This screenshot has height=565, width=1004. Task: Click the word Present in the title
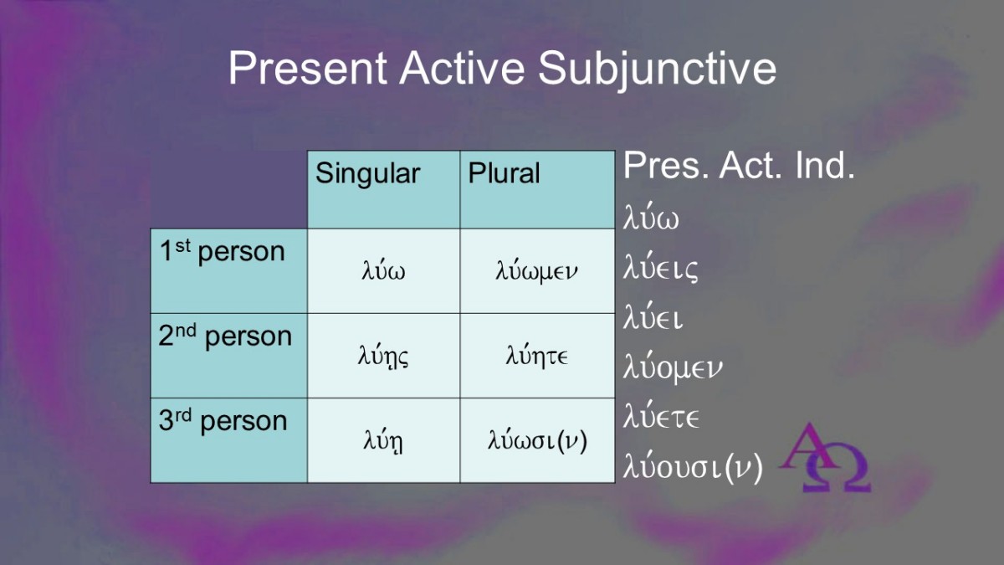(x=308, y=68)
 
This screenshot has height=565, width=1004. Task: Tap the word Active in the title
(x=462, y=67)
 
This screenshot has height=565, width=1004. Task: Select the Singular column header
(x=384, y=189)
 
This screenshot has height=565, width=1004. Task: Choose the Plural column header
(x=537, y=189)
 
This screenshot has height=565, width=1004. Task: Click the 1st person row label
(x=229, y=271)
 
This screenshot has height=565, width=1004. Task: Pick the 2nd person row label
(x=229, y=356)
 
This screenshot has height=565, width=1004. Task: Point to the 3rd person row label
(x=229, y=440)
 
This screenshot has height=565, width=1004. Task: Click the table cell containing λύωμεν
(x=537, y=271)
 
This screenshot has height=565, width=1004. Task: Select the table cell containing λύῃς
(x=384, y=356)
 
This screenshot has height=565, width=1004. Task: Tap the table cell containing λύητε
(x=537, y=356)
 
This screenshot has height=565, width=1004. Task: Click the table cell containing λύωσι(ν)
(x=537, y=440)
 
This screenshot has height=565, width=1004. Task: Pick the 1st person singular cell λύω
(x=384, y=271)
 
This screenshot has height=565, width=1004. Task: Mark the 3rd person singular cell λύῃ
(x=384, y=440)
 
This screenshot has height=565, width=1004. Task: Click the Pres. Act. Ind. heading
(x=739, y=166)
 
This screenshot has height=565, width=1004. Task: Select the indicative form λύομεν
(x=673, y=367)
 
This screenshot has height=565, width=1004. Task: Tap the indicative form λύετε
(x=661, y=416)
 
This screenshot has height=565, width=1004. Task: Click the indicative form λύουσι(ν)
(x=693, y=466)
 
